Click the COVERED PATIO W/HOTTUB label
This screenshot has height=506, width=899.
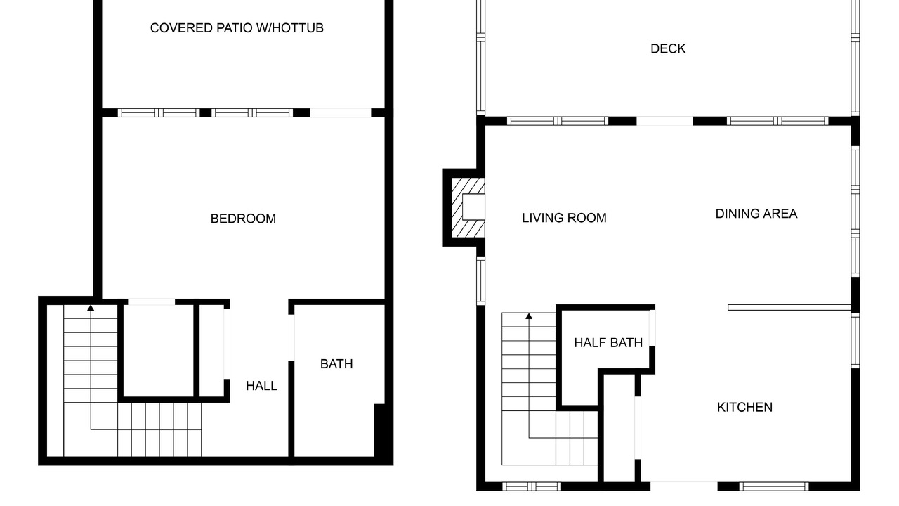(237, 28)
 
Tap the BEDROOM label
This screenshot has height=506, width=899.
(243, 219)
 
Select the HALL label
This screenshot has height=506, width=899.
(261, 386)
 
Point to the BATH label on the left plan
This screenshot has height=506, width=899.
(336, 364)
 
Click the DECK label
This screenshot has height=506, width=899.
(668, 48)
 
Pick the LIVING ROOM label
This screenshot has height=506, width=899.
(564, 218)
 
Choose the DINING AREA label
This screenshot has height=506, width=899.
(756, 214)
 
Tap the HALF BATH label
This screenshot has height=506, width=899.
(608, 342)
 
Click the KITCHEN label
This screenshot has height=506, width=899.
(744, 407)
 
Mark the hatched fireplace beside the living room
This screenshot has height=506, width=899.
(468, 207)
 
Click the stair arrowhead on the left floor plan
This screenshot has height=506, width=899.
(91, 308)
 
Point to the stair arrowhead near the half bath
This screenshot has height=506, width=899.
(529, 316)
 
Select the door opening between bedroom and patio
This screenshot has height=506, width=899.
(341, 113)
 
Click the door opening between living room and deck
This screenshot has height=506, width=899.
(664, 121)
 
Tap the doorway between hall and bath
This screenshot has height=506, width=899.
(291, 338)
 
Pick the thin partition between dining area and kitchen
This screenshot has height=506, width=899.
(789, 308)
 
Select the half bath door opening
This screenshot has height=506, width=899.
(652, 327)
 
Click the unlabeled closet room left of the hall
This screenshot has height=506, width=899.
(159, 351)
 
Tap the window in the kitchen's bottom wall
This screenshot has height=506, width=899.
(774, 486)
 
